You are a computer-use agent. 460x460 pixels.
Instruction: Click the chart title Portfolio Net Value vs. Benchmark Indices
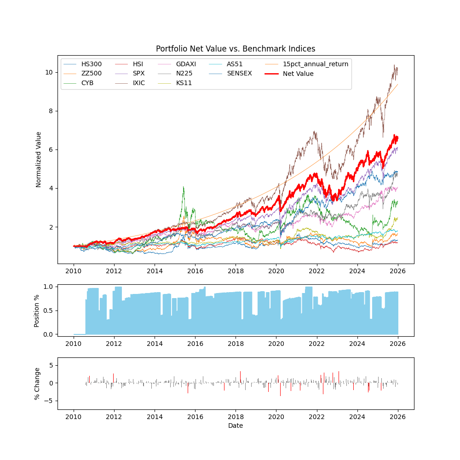click(236, 49)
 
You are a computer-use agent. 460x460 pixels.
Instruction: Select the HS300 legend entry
click(91, 64)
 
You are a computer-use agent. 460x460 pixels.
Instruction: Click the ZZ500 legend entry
click(91, 74)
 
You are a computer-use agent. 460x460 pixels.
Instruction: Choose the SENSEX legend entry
click(239, 74)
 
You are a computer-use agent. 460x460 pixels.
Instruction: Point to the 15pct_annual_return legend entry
click(316, 64)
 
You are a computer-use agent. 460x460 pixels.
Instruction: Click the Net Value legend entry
click(298, 74)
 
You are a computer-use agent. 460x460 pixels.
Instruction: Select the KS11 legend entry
click(184, 83)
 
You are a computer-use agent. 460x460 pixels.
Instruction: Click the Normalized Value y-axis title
click(39, 159)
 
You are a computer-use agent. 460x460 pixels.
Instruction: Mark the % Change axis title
click(37, 383)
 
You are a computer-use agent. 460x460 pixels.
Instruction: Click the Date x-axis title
click(236, 426)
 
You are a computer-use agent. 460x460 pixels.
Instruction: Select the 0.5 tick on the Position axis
click(47, 310)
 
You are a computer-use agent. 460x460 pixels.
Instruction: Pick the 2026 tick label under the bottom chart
click(397, 417)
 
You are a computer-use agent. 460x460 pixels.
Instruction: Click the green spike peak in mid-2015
click(184, 187)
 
